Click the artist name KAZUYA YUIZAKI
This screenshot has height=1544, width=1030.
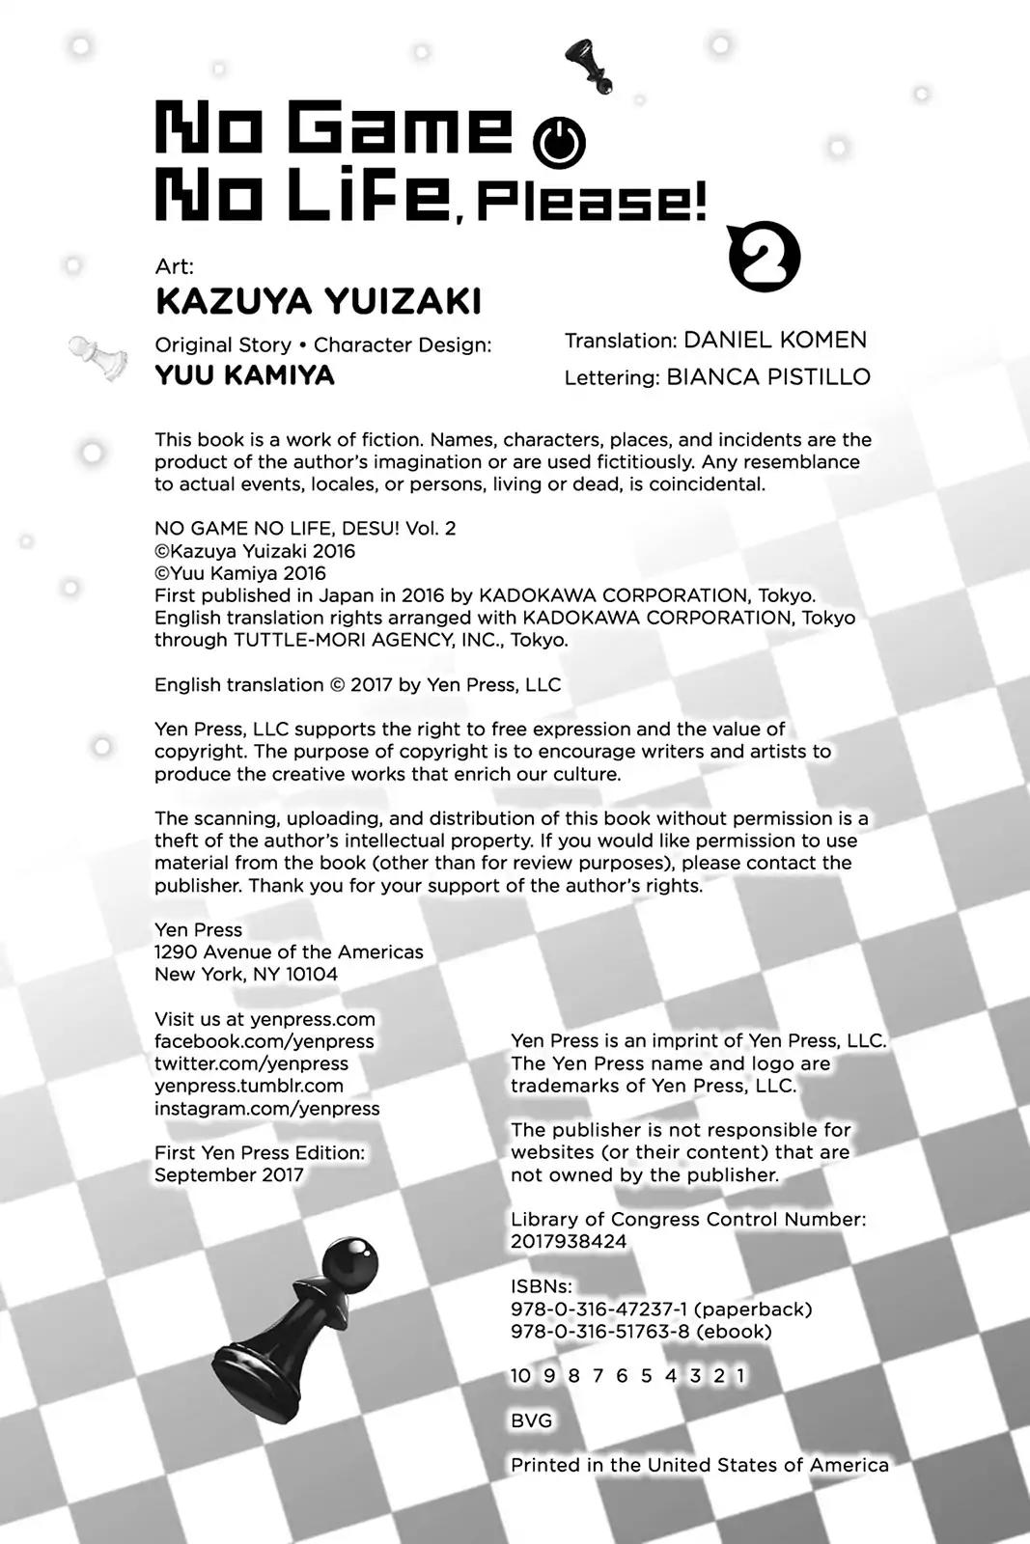[x=318, y=302]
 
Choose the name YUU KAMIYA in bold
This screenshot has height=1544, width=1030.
[x=244, y=374]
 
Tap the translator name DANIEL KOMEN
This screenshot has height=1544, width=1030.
[x=774, y=340]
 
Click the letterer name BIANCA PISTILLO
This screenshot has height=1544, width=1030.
[x=767, y=377]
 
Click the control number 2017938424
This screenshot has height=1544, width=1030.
[x=569, y=1242]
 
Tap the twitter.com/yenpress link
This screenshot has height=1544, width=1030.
[x=251, y=1063]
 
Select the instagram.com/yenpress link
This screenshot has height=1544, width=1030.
[x=266, y=1109]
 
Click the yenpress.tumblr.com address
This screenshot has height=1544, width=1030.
[x=249, y=1086]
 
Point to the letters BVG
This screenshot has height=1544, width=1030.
[x=531, y=1420]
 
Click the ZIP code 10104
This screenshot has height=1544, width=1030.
[x=311, y=975]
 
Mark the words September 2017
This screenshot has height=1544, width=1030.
[x=229, y=1175]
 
